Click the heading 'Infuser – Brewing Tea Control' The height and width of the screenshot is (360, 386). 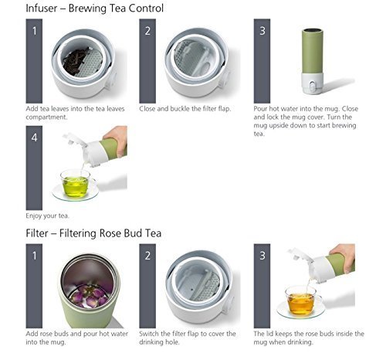click(x=94, y=8)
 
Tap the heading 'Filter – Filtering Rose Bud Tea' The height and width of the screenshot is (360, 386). click(x=93, y=233)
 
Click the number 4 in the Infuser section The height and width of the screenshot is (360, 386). click(x=34, y=138)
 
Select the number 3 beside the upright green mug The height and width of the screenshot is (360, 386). click(x=262, y=31)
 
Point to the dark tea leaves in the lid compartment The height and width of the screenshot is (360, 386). click(x=75, y=62)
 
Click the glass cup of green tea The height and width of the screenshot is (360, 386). click(x=76, y=184)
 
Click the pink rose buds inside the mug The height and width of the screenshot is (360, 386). click(x=89, y=296)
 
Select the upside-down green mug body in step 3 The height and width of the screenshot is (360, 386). click(x=312, y=52)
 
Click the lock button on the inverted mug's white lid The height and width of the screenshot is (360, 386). click(x=312, y=86)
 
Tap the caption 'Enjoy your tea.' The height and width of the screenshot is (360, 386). click(x=47, y=216)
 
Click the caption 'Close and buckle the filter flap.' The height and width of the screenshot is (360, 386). click(x=185, y=109)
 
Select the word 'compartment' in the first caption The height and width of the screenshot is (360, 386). click(x=46, y=117)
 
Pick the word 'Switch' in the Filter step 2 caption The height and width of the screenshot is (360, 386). click(x=149, y=334)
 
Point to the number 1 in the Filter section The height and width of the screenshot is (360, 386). click(x=34, y=256)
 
